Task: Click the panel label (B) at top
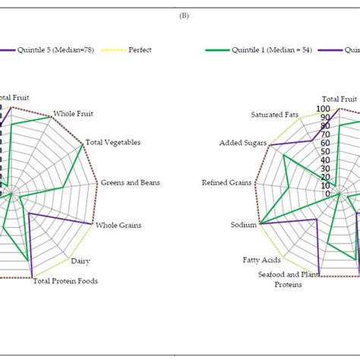coord(181,14)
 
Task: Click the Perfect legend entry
coord(140,50)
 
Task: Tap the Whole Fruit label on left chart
coord(74,114)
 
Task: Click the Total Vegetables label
coord(112,142)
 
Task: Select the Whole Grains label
coord(118,226)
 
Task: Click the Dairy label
coord(81,261)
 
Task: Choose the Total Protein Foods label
coord(65,281)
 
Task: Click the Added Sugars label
coord(242,143)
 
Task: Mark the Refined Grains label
coord(226,182)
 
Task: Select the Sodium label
coord(244,225)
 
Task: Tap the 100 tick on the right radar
coord(324,109)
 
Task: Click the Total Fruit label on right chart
coord(339,99)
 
